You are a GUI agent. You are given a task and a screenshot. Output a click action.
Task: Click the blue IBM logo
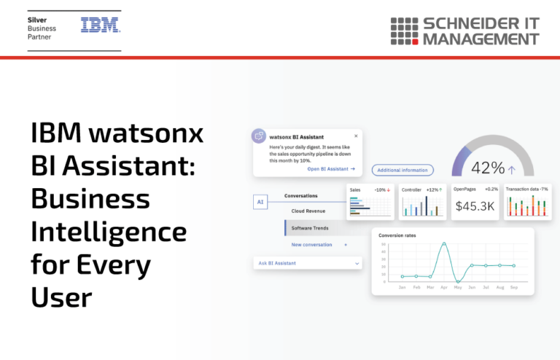click(x=101, y=26)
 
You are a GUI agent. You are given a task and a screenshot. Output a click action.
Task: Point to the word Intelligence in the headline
click(x=109, y=232)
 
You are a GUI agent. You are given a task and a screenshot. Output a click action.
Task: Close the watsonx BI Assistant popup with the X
click(x=356, y=136)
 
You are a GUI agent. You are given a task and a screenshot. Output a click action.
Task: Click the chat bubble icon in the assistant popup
click(x=259, y=136)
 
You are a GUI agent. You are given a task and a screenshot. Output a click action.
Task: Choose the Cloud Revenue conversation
click(x=309, y=211)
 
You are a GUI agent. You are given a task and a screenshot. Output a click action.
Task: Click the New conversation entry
click(x=311, y=245)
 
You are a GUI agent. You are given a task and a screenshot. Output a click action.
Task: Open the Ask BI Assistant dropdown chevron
click(x=357, y=262)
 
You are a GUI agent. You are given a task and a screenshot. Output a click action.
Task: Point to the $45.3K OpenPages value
click(x=475, y=206)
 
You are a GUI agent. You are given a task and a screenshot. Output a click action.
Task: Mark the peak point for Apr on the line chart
click(x=443, y=244)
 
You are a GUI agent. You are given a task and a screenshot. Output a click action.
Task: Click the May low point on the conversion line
click(x=457, y=281)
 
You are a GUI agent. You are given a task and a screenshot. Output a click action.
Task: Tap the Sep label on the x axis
click(x=513, y=288)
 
